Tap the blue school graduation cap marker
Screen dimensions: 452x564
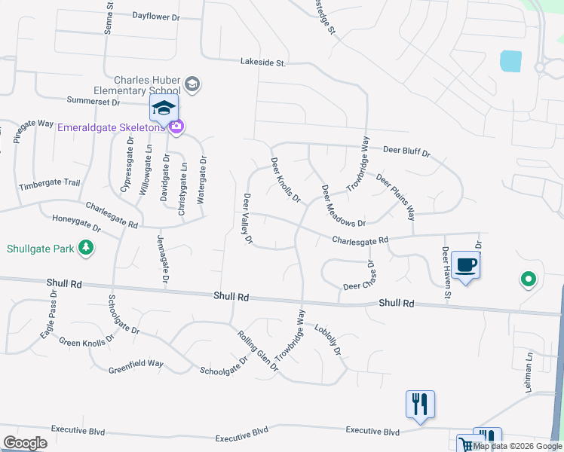pyautogui.click(x=164, y=108)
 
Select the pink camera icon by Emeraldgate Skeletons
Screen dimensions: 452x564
pyautogui.click(x=176, y=127)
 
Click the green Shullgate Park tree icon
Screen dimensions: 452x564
pyautogui.click(x=87, y=247)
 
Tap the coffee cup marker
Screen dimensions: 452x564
pyautogui.click(x=466, y=265)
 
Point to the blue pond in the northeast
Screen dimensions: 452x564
pyautogui.click(x=510, y=60)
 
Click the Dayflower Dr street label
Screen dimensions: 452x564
pyautogui.click(x=157, y=15)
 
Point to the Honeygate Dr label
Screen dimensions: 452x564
pyautogui.click(x=76, y=222)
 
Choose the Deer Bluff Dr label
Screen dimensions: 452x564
pyautogui.click(x=406, y=152)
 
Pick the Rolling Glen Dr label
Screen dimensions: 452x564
pyautogui.click(x=258, y=351)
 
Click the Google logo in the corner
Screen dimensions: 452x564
pyautogui.click(x=25, y=442)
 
